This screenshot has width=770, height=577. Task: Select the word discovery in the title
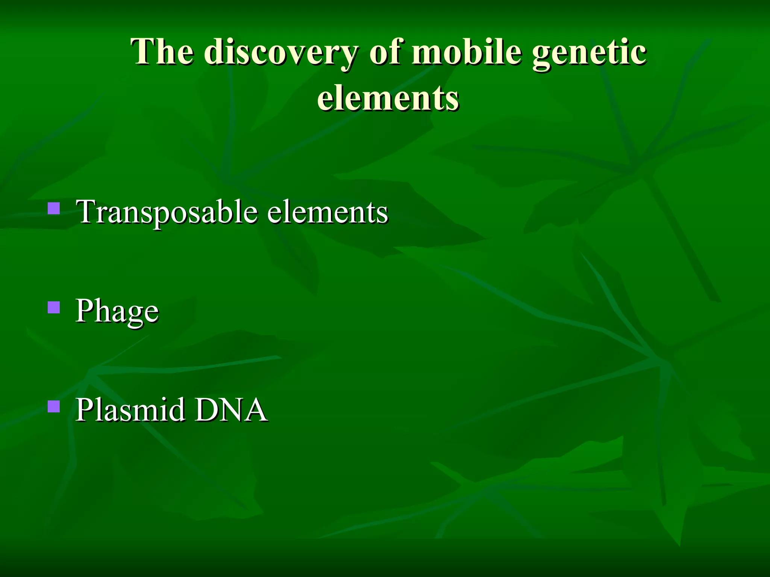point(281,53)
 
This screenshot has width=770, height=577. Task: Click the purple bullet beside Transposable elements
point(54,208)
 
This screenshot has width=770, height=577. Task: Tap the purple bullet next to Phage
point(54,307)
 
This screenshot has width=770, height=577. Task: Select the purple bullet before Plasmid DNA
point(54,406)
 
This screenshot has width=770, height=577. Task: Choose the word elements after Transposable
point(327,212)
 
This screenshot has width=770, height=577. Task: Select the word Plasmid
point(130,409)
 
